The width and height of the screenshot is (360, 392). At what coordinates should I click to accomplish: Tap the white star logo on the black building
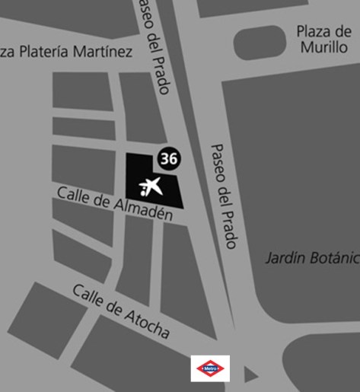(x=152, y=186)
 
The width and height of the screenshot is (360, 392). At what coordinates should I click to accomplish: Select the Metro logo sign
(x=210, y=368)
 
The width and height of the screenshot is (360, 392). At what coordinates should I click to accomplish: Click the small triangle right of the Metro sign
(x=250, y=374)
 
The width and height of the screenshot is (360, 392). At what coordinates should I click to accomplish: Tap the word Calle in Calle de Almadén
(x=72, y=195)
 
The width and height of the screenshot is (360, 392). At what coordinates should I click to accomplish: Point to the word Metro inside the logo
(x=210, y=368)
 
